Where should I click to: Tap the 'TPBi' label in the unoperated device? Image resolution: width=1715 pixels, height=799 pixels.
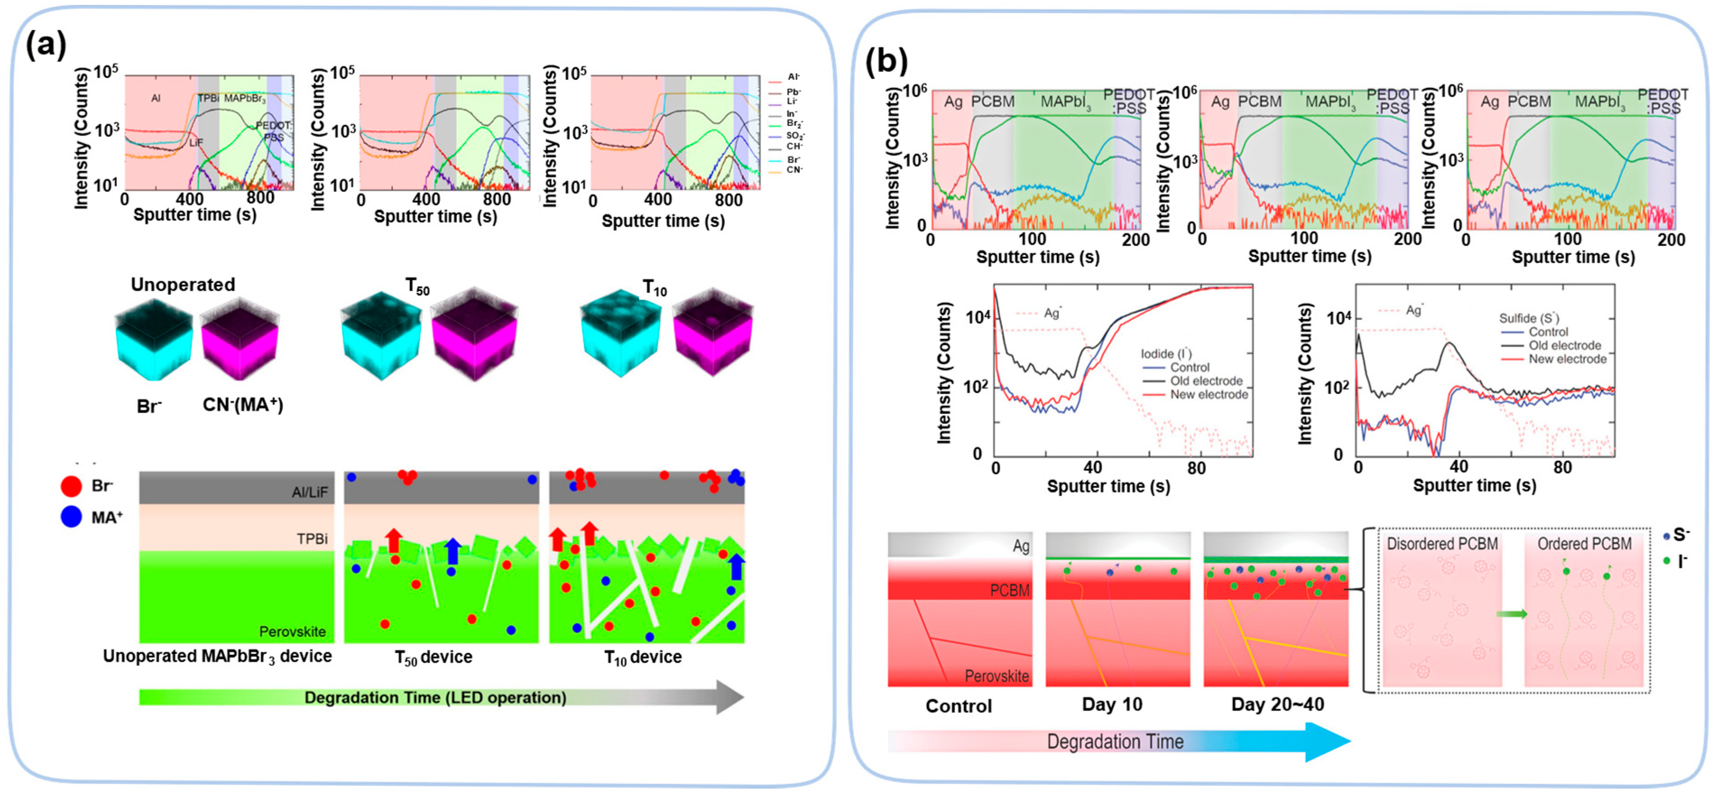coord(312,539)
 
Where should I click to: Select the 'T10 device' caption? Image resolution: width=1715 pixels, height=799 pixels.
coord(642,657)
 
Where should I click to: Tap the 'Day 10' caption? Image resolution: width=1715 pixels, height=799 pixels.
coord(1112,704)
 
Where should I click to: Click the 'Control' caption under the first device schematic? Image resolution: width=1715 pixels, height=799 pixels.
coord(958,706)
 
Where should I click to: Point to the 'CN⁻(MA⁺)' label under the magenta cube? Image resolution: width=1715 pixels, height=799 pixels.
coord(243,405)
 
